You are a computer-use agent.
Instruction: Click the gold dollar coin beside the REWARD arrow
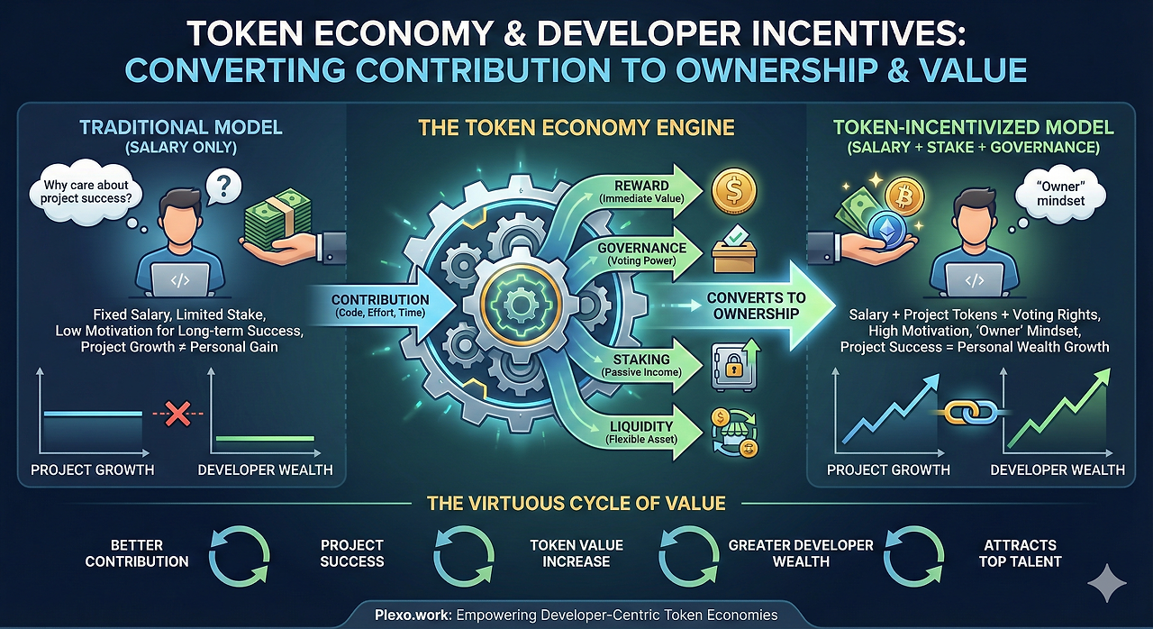[734, 191]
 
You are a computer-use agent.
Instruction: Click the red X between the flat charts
[178, 414]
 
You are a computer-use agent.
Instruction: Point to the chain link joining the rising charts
[971, 413]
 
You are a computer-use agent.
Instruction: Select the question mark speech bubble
[223, 187]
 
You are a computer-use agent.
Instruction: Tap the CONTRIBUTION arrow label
[380, 305]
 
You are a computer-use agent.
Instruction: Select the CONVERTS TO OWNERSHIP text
[756, 305]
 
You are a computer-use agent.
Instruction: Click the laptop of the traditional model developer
[179, 280]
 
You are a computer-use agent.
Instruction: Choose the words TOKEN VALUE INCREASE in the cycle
[576, 553]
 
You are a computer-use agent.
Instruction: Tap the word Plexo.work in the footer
[413, 615]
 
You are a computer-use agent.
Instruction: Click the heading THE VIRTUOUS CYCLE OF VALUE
[576, 503]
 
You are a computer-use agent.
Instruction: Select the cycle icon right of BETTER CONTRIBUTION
[240, 556]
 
